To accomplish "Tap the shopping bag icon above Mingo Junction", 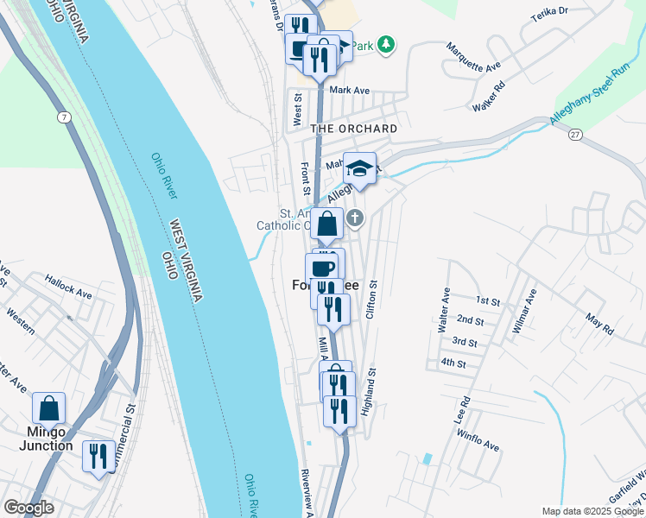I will click(x=49, y=407).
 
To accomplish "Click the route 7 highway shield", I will click(x=64, y=116).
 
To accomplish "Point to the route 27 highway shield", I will click(x=574, y=135).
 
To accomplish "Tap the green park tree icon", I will click(x=386, y=44).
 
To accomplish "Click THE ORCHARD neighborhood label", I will click(x=353, y=129).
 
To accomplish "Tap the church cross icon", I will click(x=354, y=218).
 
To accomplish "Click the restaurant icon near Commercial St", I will click(x=97, y=454).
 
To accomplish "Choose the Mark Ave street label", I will click(x=349, y=90).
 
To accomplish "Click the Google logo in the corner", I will click(x=28, y=508).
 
